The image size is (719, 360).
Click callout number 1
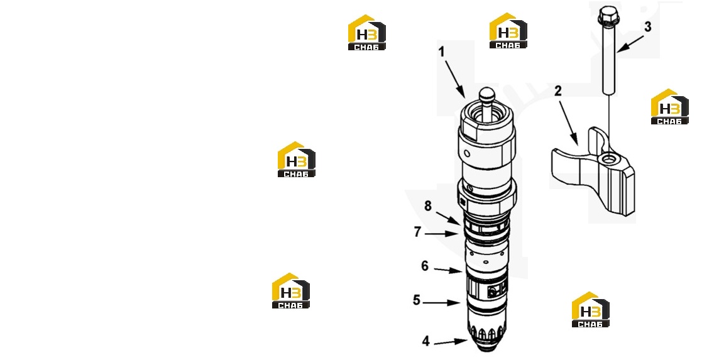point(442,52)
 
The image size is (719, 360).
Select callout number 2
point(557,91)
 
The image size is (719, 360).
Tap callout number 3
point(647,27)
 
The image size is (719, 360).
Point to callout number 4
point(426,341)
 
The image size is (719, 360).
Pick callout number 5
point(416,300)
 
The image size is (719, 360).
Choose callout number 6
point(425,266)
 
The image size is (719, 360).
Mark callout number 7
point(417,232)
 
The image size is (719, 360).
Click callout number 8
point(428,206)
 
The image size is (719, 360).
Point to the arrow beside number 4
point(450,342)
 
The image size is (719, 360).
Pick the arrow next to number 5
point(442,303)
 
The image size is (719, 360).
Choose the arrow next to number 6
point(448,270)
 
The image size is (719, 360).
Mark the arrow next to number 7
point(441,234)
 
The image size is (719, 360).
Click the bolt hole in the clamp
point(610,159)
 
